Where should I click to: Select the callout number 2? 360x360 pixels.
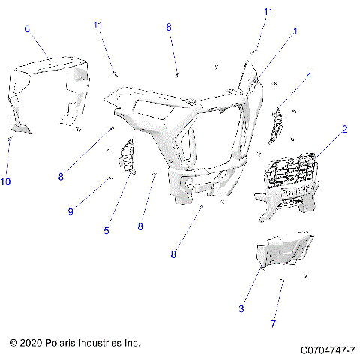click(344, 129)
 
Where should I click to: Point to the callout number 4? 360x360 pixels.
click(308, 76)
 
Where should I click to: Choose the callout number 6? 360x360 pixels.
click(27, 28)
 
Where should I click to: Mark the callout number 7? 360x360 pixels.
click(273, 323)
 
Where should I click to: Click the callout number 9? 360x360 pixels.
click(70, 212)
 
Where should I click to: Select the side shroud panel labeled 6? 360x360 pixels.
click(45, 86)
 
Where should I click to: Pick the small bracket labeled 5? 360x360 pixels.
click(126, 157)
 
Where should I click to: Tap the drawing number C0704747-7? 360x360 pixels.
click(327, 350)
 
